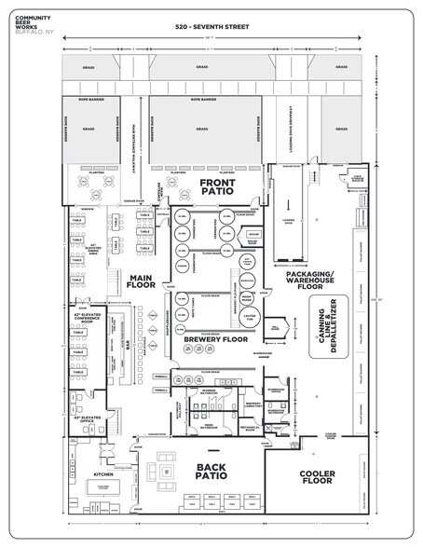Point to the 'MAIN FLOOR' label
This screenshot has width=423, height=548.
[x=141, y=281]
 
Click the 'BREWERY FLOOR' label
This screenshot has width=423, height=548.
[x=215, y=341]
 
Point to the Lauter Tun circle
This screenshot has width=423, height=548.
[x=248, y=322]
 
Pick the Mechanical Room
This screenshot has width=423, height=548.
[x=248, y=432]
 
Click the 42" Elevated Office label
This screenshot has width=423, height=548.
[x=89, y=420]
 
